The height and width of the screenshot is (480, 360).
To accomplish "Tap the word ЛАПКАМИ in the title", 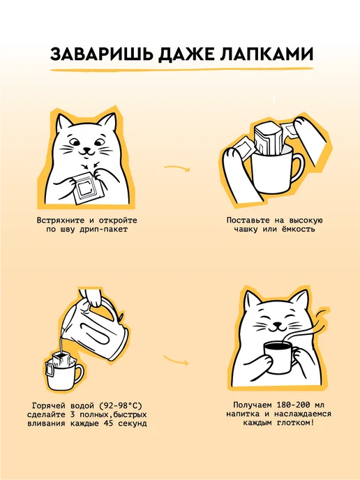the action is click(266, 55).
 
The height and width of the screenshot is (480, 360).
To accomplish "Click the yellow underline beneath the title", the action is click(182, 70).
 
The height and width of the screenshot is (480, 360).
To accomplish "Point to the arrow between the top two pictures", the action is click(177, 167).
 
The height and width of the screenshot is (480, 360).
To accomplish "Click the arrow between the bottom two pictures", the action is click(176, 360).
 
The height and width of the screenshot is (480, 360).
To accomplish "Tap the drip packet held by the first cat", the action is click(87, 188).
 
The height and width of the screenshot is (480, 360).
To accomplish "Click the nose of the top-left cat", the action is click(87, 149).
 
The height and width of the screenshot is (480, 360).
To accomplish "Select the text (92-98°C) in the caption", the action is click(121, 406).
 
